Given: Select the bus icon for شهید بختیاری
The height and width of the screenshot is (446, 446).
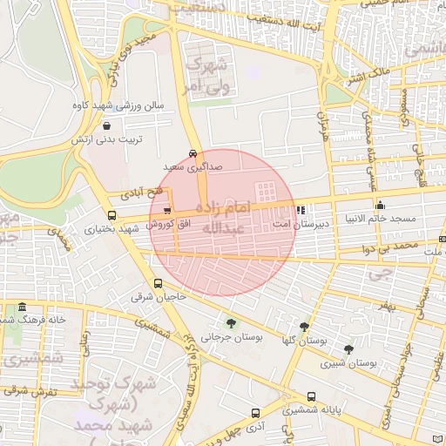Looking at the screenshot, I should pos(111,215).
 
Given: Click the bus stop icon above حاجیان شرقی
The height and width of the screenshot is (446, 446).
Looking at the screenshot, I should pos(158,283).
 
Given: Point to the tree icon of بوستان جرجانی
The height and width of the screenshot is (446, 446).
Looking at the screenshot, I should pos(230,322).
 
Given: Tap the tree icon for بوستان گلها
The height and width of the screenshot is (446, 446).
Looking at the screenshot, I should pos(304,327).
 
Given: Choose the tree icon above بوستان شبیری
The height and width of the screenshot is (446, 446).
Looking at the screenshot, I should pos(348,349).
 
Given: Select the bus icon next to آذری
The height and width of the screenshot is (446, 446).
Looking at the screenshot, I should pos(255,413).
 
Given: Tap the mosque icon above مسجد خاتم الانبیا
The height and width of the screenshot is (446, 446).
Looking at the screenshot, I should pos(380,205).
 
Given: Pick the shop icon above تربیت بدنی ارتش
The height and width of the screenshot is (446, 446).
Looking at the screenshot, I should pos(105,125).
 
